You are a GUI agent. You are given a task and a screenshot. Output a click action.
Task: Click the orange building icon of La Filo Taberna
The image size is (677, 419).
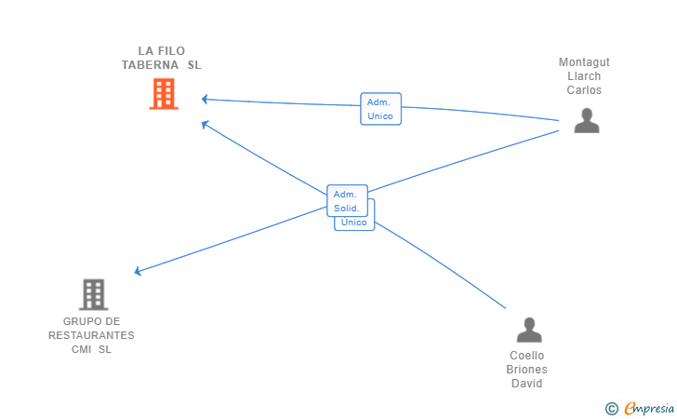point(164,93)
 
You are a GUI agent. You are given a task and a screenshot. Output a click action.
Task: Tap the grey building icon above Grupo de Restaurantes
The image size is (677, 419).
point(93,294)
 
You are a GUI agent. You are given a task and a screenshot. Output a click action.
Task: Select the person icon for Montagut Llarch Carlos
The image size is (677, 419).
point(587,120)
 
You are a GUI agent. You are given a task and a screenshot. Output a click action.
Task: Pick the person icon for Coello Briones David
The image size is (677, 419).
point(529,330)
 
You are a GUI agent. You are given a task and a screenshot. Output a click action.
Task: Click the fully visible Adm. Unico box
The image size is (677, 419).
point(381,109)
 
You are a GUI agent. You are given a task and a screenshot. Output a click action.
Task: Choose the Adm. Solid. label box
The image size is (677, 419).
point(347,200)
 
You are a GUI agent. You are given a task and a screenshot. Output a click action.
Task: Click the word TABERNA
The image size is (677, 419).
point(150,65)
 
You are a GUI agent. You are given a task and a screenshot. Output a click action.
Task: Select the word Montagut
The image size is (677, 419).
point(584,62)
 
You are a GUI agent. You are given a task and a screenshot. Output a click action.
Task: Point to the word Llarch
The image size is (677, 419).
point(584,76)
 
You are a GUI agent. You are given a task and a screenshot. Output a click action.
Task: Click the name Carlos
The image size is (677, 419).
point(584,90)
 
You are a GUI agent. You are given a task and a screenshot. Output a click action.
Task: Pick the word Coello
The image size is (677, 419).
point(526,356)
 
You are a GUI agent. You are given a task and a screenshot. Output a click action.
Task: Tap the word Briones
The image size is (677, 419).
point(526,370)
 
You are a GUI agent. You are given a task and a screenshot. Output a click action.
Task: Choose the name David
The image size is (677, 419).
point(526,383)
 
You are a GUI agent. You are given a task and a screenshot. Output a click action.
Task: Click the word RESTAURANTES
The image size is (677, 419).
point(91,335)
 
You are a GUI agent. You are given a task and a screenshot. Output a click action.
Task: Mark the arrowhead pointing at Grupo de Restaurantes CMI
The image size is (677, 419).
point(139,271)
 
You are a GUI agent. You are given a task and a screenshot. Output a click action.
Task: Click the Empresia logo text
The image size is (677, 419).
point(649,408)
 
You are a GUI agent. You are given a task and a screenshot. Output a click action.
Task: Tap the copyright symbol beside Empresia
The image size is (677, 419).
point(611,409)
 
